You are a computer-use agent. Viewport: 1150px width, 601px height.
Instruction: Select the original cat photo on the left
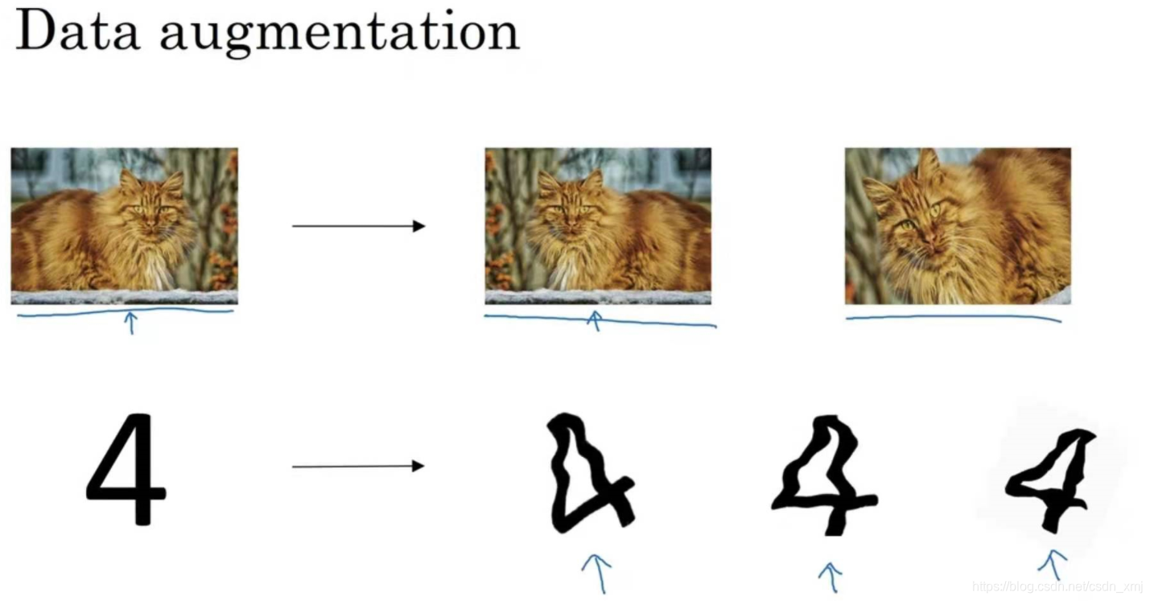point(124,225)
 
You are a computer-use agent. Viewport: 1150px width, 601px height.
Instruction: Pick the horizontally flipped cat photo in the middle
point(597,225)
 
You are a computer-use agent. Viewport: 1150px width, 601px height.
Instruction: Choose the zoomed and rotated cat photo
point(957,225)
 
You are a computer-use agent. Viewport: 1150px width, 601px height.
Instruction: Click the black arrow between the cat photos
point(358,226)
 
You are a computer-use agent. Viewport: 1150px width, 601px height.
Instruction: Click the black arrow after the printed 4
point(358,466)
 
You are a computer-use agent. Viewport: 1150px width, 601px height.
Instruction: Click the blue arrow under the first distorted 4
point(596,572)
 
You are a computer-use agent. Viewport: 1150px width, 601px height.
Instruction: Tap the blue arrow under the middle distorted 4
point(830,576)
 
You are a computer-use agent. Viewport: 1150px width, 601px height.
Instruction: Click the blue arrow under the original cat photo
point(130,323)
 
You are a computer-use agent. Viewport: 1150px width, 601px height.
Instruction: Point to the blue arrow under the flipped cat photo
point(595,321)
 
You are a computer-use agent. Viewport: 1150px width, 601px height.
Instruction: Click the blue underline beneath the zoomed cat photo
point(954,318)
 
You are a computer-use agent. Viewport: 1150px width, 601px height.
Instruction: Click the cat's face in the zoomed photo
point(913,221)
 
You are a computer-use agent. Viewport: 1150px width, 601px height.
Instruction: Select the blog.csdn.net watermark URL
point(1057,587)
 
